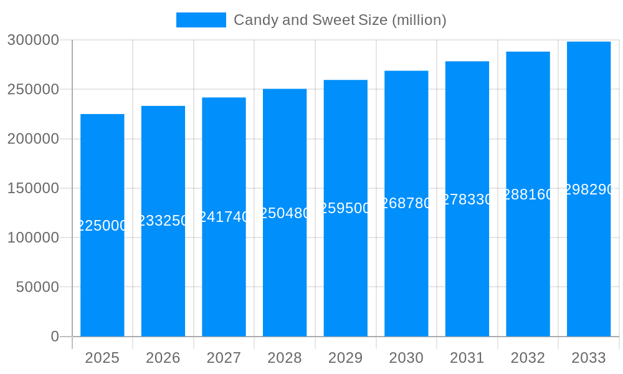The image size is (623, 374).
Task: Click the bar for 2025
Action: (102, 280)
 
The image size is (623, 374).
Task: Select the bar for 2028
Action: (285, 274)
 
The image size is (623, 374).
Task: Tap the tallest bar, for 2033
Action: (589, 262)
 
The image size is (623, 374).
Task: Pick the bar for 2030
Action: (406, 268)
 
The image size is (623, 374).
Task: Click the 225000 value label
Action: (102, 226)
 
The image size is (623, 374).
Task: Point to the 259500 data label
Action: (346, 208)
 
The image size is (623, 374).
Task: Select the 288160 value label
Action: (528, 194)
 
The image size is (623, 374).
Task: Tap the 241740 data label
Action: (224, 217)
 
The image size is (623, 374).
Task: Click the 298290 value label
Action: (589, 189)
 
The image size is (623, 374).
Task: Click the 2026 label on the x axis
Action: (163, 358)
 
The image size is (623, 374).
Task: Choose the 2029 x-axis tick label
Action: (346, 358)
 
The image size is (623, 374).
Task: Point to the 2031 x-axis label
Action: (467, 358)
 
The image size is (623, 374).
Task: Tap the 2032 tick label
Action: (528, 358)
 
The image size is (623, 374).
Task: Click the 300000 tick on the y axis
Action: (33, 40)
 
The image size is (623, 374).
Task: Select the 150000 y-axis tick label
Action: (33, 188)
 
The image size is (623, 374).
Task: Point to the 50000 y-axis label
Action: (37, 287)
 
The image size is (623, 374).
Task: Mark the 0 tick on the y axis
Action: (55, 337)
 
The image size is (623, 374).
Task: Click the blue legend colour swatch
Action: (201, 20)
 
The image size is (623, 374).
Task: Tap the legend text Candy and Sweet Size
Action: (340, 20)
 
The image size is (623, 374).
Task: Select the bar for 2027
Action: (224, 280)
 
